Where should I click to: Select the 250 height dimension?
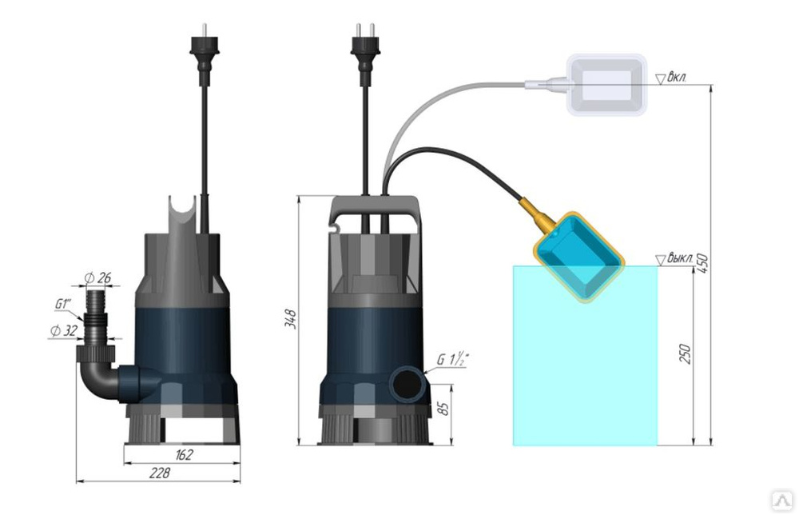(684, 353)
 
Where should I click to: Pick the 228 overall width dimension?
(160, 473)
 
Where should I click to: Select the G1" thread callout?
(64, 304)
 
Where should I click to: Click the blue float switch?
(580, 254)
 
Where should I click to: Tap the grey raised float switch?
(606, 85)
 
